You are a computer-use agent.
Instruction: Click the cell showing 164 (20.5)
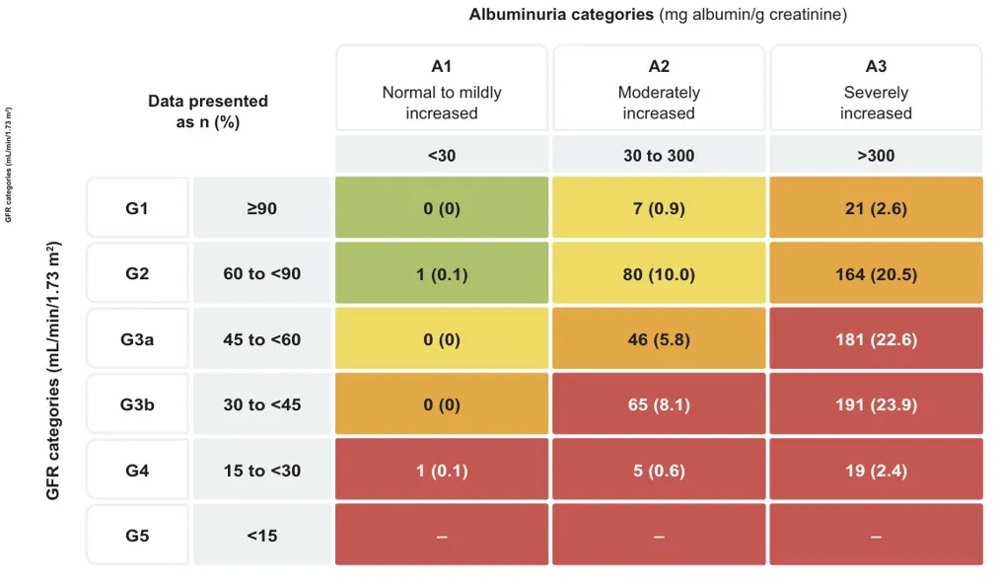pyautogui.click(x=876, y=274)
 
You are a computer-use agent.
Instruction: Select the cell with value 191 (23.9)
pyautogui.click(x=876, y=404)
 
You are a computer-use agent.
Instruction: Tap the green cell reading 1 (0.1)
pyautogui.click(x=441, y=274)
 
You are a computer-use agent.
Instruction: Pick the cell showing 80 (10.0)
pyautogui.click(x=659, y=274)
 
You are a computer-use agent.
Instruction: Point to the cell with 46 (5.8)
pyautogui.click(x=659, y=339)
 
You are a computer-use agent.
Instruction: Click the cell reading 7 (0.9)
pyautogui.click(x=659, y=209)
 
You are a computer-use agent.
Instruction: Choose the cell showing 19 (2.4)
pyautogui.click(x=876, y=471)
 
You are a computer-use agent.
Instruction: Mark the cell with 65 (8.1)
pyautogui.click(x=659, y=404)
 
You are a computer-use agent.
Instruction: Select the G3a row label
pyautogui.click(x=137, y=339)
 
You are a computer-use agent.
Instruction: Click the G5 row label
pyautogui.click(x=137, y=536)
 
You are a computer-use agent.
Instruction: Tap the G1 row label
pyautogui.click(x=137, y=209)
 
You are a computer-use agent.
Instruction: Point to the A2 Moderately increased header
pyautogui.click(x=659, y=89)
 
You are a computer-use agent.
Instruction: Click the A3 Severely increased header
pyautogui.click(x=876, y=89)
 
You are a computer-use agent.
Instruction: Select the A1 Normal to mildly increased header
pyautogui.click(x=441, y=89)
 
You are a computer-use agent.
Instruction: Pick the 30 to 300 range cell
pyautogui.click(x=659, y=156)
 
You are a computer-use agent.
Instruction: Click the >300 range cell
pyautogui.click(x=876, y=156)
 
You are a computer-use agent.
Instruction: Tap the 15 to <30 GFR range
pyautogui.click(x=261, y=471)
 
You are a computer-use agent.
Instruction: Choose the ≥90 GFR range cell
pyautogui.click(x=261, y=209)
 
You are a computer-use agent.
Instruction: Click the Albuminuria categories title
pyautogui.click(x=658, y=15)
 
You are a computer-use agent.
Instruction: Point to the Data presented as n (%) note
pyautogui.click(x=208, y=111)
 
